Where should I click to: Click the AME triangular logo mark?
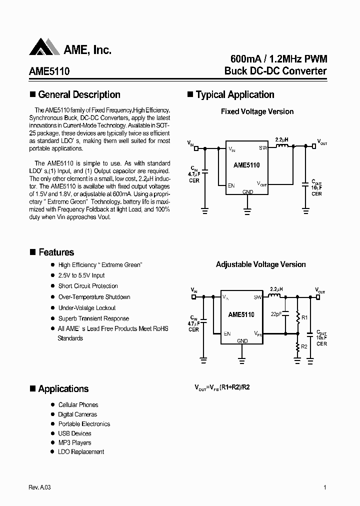point(44,47)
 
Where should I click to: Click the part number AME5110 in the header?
point(49,71)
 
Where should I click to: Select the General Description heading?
point(79,94)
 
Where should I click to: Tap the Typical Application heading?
point(234,94)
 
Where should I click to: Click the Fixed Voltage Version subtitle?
point(257,111)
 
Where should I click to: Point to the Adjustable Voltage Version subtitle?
point(260,264)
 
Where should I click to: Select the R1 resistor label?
point(305,316)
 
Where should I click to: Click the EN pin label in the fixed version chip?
point(231,185)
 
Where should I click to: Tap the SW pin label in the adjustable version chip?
point(257,297)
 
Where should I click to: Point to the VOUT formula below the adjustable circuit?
point(221,387)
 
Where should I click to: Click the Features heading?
point(56,252)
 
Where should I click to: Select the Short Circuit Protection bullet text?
point(88,286)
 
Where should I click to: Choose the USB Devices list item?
point(74,433)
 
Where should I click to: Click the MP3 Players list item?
point(74,442)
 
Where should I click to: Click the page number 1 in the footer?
point(325,488)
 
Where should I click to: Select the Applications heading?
point(63,389)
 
